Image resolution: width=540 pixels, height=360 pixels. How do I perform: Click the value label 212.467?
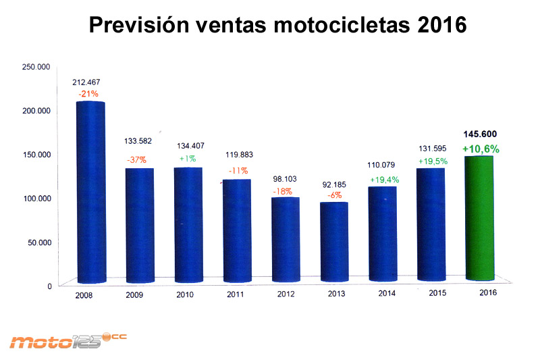pyautogui.click(x=86, y=82)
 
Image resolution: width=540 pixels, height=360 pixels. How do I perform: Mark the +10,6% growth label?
pyautogui.click(x=481, y=149)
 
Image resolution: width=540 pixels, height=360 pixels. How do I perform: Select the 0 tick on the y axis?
pyautogui.click(x=49, y=286)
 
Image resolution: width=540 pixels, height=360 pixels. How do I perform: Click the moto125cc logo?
pyautogui.click(x=65, y=340)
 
